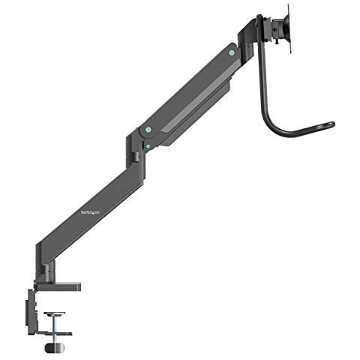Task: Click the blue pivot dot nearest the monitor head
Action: pos(231,53)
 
